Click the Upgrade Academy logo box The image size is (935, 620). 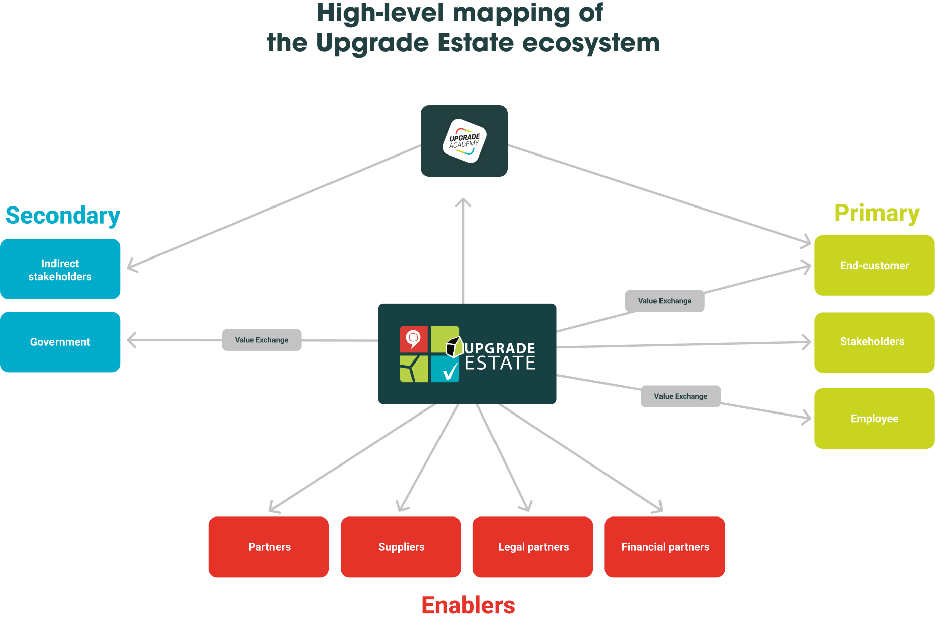coord(464,141)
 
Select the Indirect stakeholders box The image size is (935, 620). coord(60,270)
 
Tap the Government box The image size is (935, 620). coord(60,342)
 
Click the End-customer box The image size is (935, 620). coord(874,266)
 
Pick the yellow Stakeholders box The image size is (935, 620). coord(874,342)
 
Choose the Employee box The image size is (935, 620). coord(874,419)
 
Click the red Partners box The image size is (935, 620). coord(269,547)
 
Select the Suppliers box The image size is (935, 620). coord(401,547)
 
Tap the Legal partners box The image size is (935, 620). coord(533,547)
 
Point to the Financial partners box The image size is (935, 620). coord(665,547)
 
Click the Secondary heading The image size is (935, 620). coord(63,216)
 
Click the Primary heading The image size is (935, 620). coord(876,213)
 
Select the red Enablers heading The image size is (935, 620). coord(468,605)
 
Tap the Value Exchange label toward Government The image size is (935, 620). coord(261,340)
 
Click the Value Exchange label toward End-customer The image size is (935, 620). coord(665,301)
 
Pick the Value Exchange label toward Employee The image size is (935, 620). coord(680,396)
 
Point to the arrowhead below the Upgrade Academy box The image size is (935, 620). coord(463,203)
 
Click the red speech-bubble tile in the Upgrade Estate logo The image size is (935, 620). coord(414,339)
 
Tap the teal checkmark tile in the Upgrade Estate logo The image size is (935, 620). coord(445,369)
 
